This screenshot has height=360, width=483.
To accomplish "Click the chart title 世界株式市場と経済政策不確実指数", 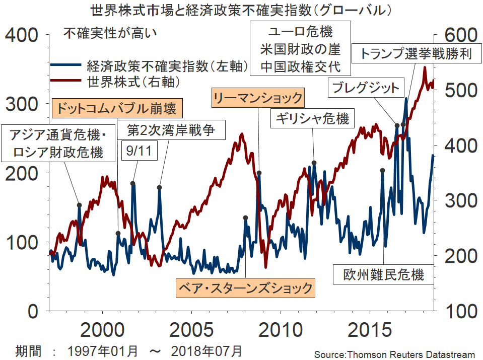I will tap(241, 10).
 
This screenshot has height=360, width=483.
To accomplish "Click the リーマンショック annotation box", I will tap(257, 98).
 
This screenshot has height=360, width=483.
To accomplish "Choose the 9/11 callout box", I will tap(134, 150).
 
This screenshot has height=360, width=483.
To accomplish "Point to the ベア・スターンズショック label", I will tap(245, 288).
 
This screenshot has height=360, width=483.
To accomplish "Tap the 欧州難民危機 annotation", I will tap(383, 274).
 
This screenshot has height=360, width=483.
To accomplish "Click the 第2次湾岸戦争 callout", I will tap(171, 131).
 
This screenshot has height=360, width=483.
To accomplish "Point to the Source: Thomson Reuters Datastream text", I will tap(394, 354).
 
